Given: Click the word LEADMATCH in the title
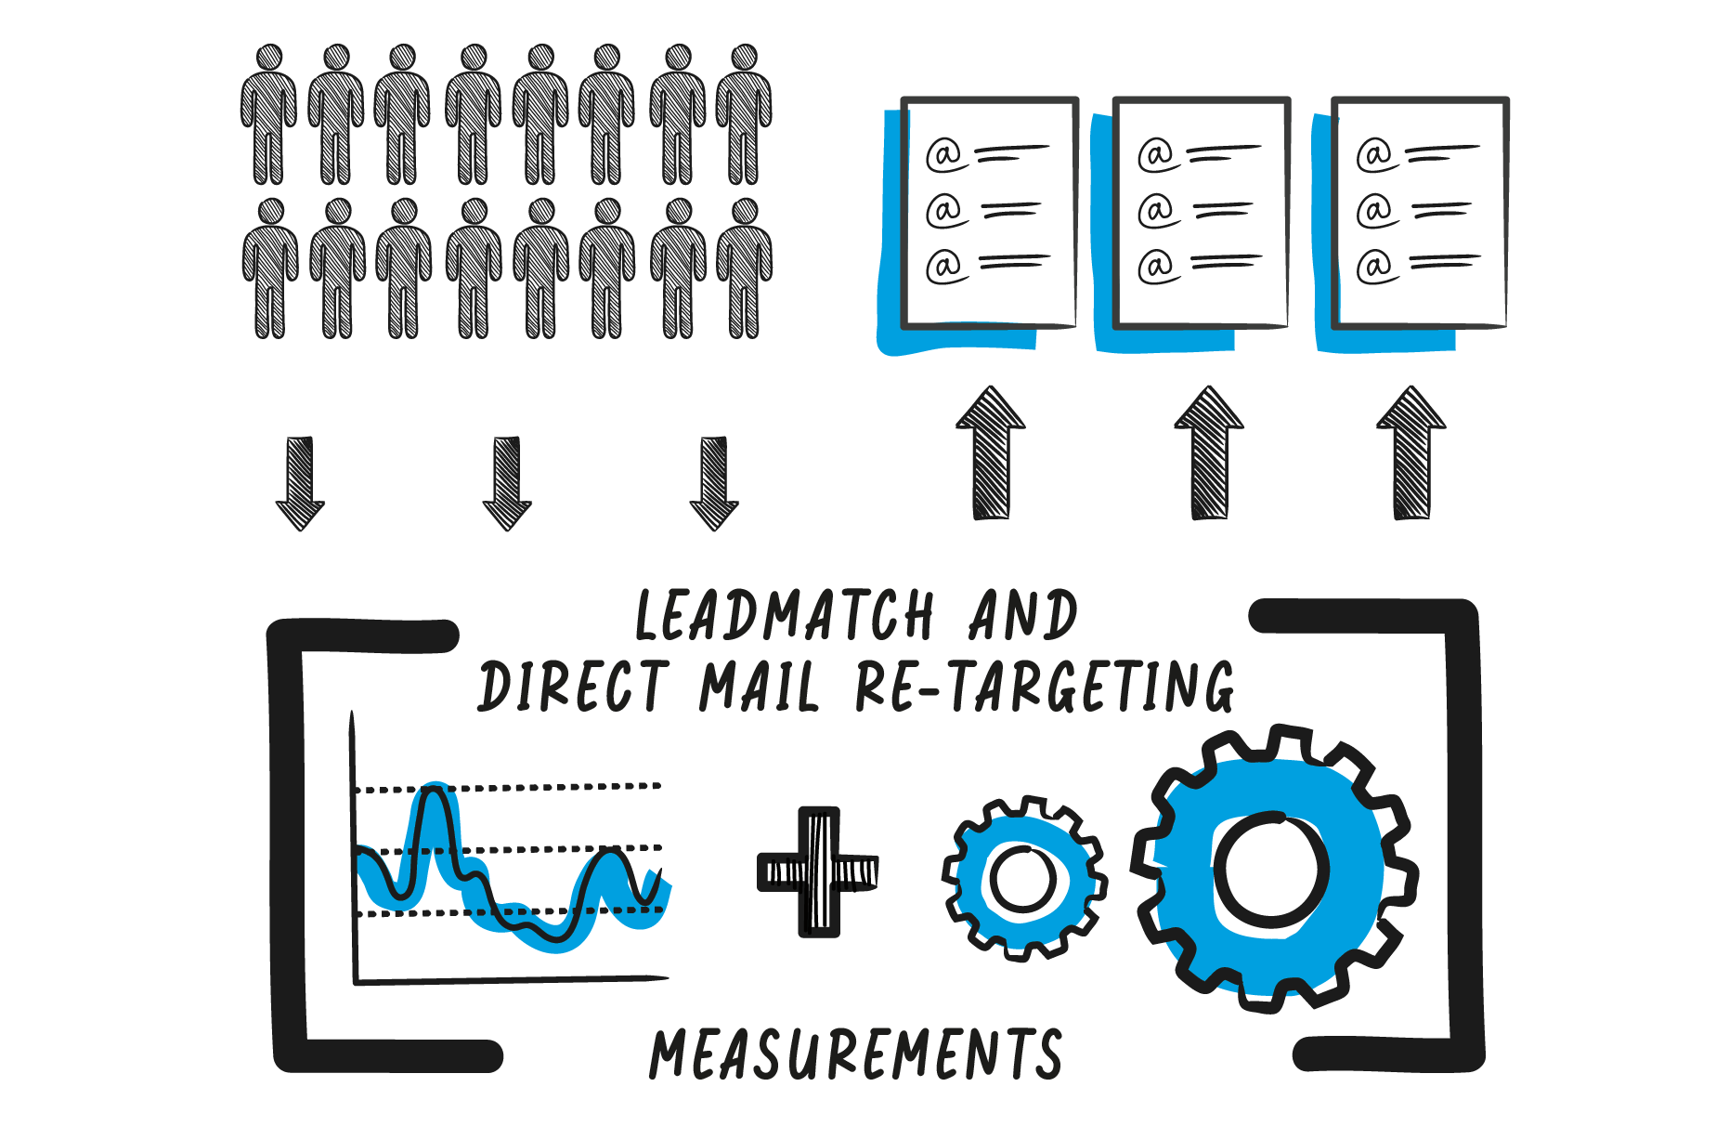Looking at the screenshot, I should (785, 616).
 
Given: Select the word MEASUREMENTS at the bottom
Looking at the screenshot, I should (855, 1054).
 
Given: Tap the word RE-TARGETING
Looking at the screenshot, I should (1045, 687).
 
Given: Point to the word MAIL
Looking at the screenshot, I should (760, 687).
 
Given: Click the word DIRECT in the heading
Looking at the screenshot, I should (573, 687).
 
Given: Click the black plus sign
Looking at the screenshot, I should (818, 871).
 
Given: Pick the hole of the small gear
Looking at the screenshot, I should (1022, 878).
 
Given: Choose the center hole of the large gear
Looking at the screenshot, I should (1270, 870).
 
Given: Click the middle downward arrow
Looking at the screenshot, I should (507, 483).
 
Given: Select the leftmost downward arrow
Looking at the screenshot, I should (300, 483).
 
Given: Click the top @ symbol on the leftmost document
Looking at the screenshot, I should (944, 154).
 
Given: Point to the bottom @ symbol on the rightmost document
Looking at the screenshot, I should (1375, 267).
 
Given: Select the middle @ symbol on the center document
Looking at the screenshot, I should (1157, 211).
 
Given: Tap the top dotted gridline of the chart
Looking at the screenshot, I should (557, 787).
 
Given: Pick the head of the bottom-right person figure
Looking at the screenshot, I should (745, 212).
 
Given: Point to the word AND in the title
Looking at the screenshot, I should (1022, 616).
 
